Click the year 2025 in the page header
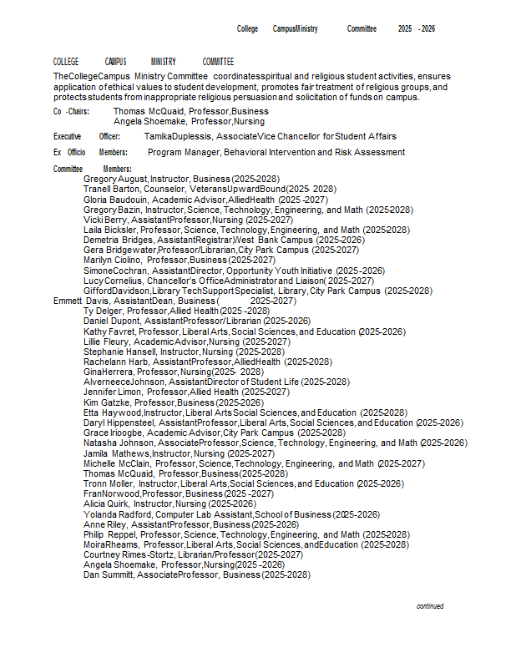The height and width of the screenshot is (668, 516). pos(405,28)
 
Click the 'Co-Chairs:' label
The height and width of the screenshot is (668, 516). pos(71,111)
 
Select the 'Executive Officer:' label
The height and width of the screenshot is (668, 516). pos(87,136)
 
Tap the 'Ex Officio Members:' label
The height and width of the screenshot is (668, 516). pos(90,153)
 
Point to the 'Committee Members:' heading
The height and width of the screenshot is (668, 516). pos(93,170)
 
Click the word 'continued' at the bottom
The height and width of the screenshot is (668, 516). pos(430,606)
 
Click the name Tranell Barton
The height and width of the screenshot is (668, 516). pos(112,189)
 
